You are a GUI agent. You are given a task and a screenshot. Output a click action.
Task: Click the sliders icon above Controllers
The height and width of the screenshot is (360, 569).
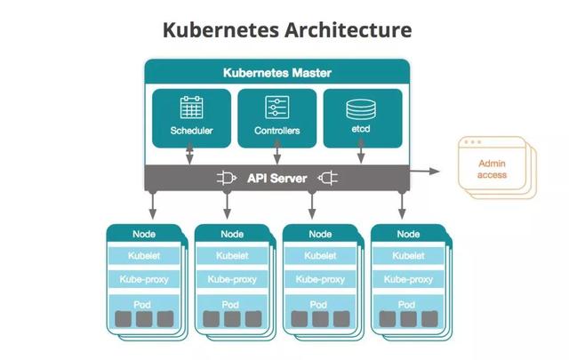point(276,108)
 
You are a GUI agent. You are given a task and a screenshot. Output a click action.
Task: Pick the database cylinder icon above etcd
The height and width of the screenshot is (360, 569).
point(360,108)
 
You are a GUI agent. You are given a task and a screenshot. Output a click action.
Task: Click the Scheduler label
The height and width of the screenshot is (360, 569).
point(191,132)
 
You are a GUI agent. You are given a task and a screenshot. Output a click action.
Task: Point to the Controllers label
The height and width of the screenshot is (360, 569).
point(276,132)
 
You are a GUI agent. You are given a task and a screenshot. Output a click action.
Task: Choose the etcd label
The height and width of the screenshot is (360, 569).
point(360,132)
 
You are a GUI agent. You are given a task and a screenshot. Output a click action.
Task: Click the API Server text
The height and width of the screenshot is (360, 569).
point(276,178)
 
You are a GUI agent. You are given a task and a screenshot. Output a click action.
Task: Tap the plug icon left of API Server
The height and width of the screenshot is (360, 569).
point(225,178)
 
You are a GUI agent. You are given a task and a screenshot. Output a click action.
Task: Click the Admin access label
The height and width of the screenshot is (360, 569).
point(492,169)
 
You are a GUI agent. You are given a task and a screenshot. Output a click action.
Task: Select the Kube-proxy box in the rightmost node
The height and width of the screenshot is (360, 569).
point(408,279)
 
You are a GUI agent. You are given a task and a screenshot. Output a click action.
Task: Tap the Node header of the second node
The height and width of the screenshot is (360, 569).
point(232,234)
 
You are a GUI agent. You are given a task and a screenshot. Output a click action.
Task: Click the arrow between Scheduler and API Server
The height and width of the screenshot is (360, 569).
point(191,156)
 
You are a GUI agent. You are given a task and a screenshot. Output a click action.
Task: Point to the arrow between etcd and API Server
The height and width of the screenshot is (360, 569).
point(360,156)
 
